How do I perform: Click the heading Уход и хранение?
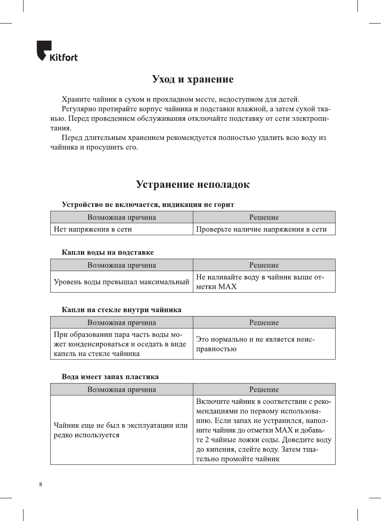[192, 79]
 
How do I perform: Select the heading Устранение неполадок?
[192, 185]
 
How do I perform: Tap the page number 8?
[40, 484]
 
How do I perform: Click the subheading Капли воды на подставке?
[108, 252]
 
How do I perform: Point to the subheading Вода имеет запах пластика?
[110, 377]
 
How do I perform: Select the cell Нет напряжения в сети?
[93, 229]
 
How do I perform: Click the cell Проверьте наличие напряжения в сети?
[261, 229]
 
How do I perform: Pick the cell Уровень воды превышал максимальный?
[121, 282]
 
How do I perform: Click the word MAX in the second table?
[227, 287]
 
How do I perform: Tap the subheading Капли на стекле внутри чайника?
[121, 310]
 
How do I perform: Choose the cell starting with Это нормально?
[255, 344]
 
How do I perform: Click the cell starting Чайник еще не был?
[120, 430]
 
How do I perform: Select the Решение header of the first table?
[264, 217]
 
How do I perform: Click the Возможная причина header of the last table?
[122, 389]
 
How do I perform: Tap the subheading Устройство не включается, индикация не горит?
[148, 204]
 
